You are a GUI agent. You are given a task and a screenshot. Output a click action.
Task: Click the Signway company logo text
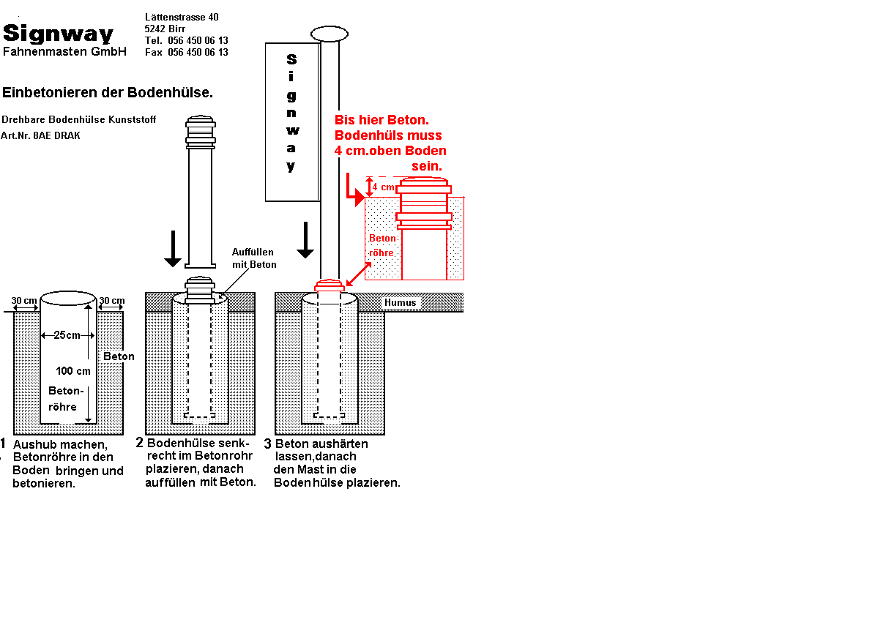(x=59, y=34)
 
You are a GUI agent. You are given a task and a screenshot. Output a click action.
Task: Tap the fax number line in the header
(x=186, y=53)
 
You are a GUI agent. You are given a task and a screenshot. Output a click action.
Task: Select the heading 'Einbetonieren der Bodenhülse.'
(x=108, y=93)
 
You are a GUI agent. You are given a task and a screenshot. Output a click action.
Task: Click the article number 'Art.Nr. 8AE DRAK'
(x=41, y=135)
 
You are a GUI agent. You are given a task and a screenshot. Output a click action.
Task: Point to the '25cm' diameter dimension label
(x=67, y=335)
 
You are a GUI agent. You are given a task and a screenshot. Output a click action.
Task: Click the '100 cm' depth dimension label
(x=73, y=371)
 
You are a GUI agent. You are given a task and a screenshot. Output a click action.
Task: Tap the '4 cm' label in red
(x=383, y=187)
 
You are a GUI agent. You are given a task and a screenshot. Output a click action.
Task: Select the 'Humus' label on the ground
(x=400, y=302)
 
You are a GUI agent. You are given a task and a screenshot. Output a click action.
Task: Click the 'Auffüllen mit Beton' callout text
(x=254, y=258)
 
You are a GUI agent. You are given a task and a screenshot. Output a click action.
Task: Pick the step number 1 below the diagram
(x=4, y=444)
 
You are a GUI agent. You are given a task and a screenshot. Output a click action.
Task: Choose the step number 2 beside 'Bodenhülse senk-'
(x=140, y=443)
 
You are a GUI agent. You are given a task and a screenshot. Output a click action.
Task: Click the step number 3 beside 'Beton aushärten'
(x=268, y=444)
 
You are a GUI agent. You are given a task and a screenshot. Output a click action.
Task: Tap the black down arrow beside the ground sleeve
(x=173, y=249)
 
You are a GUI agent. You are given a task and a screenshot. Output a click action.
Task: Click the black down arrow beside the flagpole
(x=305, y=240)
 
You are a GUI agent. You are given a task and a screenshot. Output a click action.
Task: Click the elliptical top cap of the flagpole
(x=330, y=34)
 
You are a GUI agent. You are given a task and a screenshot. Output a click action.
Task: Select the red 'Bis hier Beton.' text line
(x=381, y=120)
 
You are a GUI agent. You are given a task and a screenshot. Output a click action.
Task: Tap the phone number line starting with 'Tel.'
(x=186, y=40)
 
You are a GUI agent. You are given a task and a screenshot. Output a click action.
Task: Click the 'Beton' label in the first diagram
(x=119, y=356)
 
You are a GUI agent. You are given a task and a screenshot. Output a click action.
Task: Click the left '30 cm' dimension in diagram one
(x=24, y=301)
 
